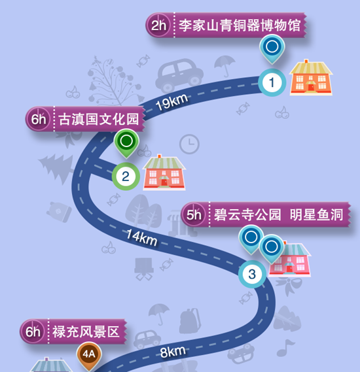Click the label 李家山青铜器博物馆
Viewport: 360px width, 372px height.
pos(240,25)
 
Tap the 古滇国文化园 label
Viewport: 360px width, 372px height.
pos(99,119)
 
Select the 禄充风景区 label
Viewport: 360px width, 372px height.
pos(86,331)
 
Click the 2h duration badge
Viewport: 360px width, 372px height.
pos(158,25)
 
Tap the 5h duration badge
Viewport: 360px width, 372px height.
pos(194,215)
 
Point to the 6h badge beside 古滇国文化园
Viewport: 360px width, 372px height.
pos(38,119)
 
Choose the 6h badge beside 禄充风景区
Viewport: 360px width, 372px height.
pos(33,331)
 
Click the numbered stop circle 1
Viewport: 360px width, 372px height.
pos(272,82)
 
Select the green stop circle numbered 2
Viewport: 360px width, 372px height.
pos(126,177)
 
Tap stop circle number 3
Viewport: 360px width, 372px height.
pos(252,274)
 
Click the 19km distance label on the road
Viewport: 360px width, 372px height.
pos(171,102)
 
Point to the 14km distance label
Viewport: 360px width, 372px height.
pos(142,237)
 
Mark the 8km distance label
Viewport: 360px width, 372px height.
pos(173,352)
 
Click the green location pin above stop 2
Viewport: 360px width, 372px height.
pos(126,143)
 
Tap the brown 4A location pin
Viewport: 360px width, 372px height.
pos(89,356)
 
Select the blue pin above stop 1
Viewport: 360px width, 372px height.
pos(272,49)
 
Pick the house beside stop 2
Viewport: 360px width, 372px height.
pos(164,172)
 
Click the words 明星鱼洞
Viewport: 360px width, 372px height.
pos(316,214)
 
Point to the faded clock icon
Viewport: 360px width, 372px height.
pos(189,144)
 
